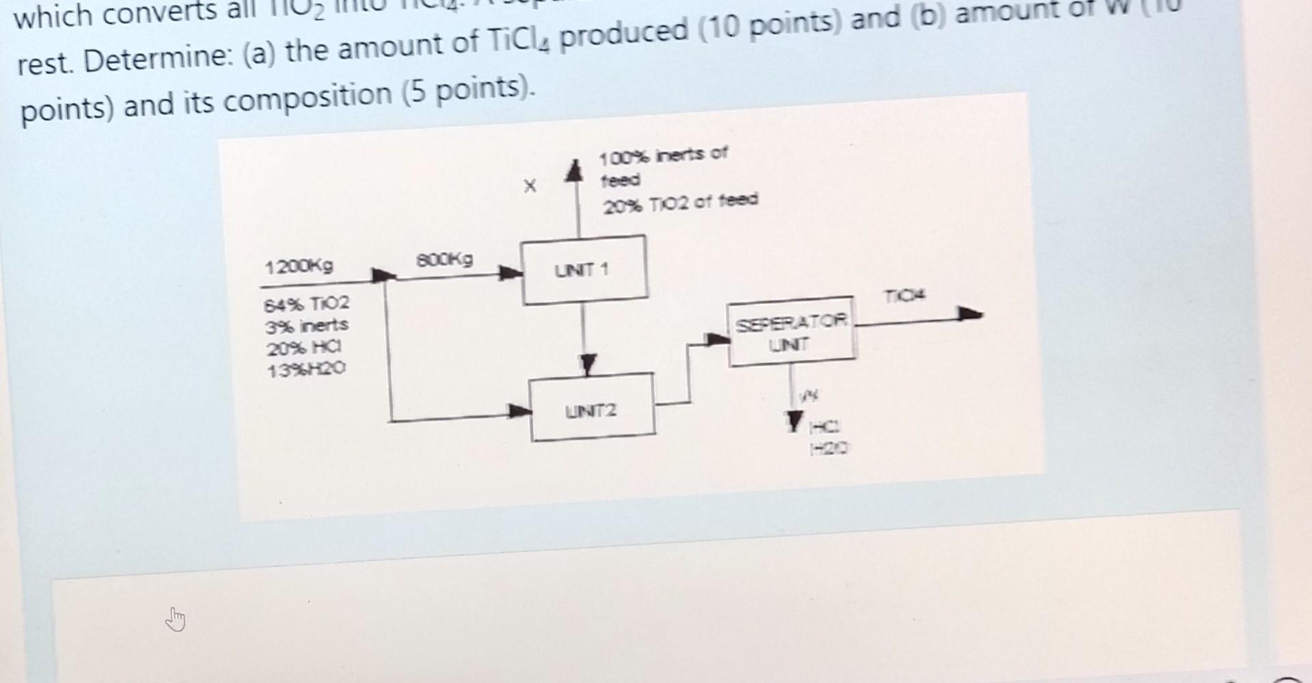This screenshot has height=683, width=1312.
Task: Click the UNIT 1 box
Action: coord(584,270)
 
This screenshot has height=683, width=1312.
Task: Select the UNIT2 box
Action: coord(592,408)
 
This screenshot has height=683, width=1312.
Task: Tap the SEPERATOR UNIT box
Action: coord(791,332)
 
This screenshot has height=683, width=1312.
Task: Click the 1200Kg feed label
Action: coord(299,266)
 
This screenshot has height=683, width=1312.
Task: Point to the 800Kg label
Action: coord(444,259)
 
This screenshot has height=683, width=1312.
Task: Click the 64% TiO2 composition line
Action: coord(306,302)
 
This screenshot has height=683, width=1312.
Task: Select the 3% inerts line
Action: coord(306,325)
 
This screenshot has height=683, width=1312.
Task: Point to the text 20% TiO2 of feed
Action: coord(680,201)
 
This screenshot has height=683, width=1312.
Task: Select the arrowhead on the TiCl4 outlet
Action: coord(970,315)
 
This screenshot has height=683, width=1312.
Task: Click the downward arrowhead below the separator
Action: coord(793,421)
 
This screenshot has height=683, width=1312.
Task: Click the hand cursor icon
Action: coord(176,620)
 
